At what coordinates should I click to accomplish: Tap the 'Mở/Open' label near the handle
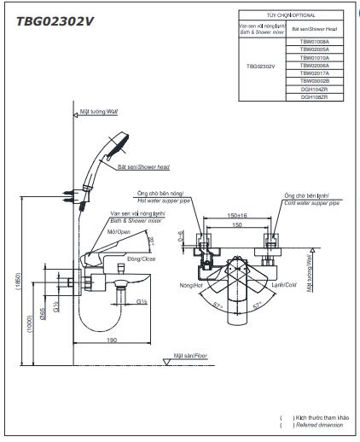[118, 230]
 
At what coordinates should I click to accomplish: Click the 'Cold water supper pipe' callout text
[312, 205]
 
